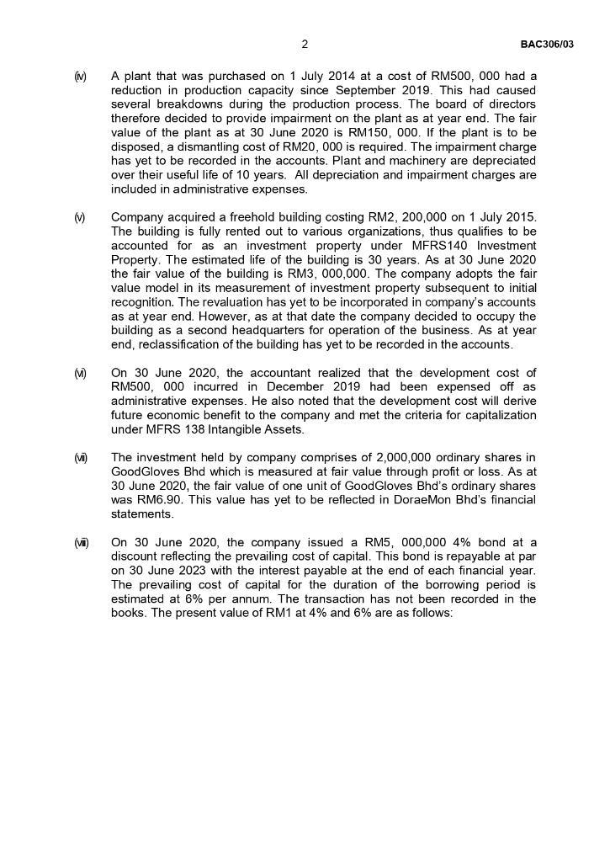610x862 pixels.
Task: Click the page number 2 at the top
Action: tap(305, 44)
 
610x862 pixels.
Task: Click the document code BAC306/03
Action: tap(547, 44)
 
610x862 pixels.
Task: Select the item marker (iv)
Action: tap(80, 77)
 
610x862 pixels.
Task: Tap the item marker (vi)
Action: tap(80, 373)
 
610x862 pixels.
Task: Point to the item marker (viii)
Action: tap(81, 542)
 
